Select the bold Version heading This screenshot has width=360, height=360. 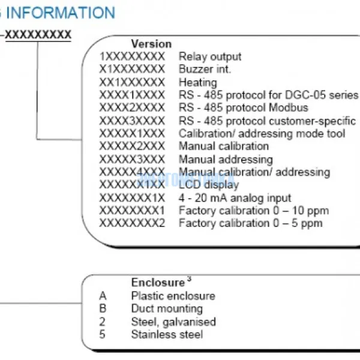point(151,44)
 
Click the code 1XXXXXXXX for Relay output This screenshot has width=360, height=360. point(131,56)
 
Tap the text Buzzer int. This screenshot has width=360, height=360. point(205,69)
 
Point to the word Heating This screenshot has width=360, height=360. point(197,82)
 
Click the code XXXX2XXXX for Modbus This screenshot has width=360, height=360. point(131,108)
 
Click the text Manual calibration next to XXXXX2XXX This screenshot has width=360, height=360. point(223,146)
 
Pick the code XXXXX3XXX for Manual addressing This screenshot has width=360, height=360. point(131,160)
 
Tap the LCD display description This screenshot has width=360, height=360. point(208,185)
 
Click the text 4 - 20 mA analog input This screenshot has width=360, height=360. point(235,197)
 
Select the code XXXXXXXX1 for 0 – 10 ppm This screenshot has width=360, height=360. point(131,211)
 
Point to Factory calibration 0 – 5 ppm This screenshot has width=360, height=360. point(250,223)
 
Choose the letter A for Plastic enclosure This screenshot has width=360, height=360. point(103,296)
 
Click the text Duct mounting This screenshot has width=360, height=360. point(167,309)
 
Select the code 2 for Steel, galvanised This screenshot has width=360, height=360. point(103,322)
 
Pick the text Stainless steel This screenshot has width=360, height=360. point(167,335)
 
